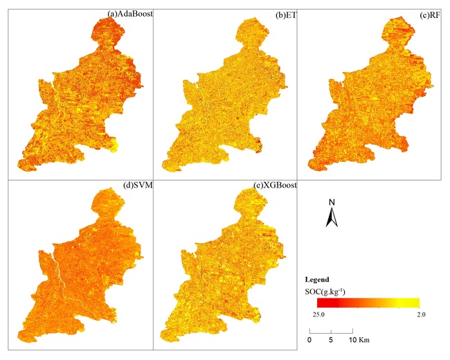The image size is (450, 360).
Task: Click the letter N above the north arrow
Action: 332,202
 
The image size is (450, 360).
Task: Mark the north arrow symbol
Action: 332,217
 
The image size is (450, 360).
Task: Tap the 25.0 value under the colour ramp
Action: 323,315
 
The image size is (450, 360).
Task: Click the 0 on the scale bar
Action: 310,341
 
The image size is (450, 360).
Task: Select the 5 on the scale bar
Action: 332,341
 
